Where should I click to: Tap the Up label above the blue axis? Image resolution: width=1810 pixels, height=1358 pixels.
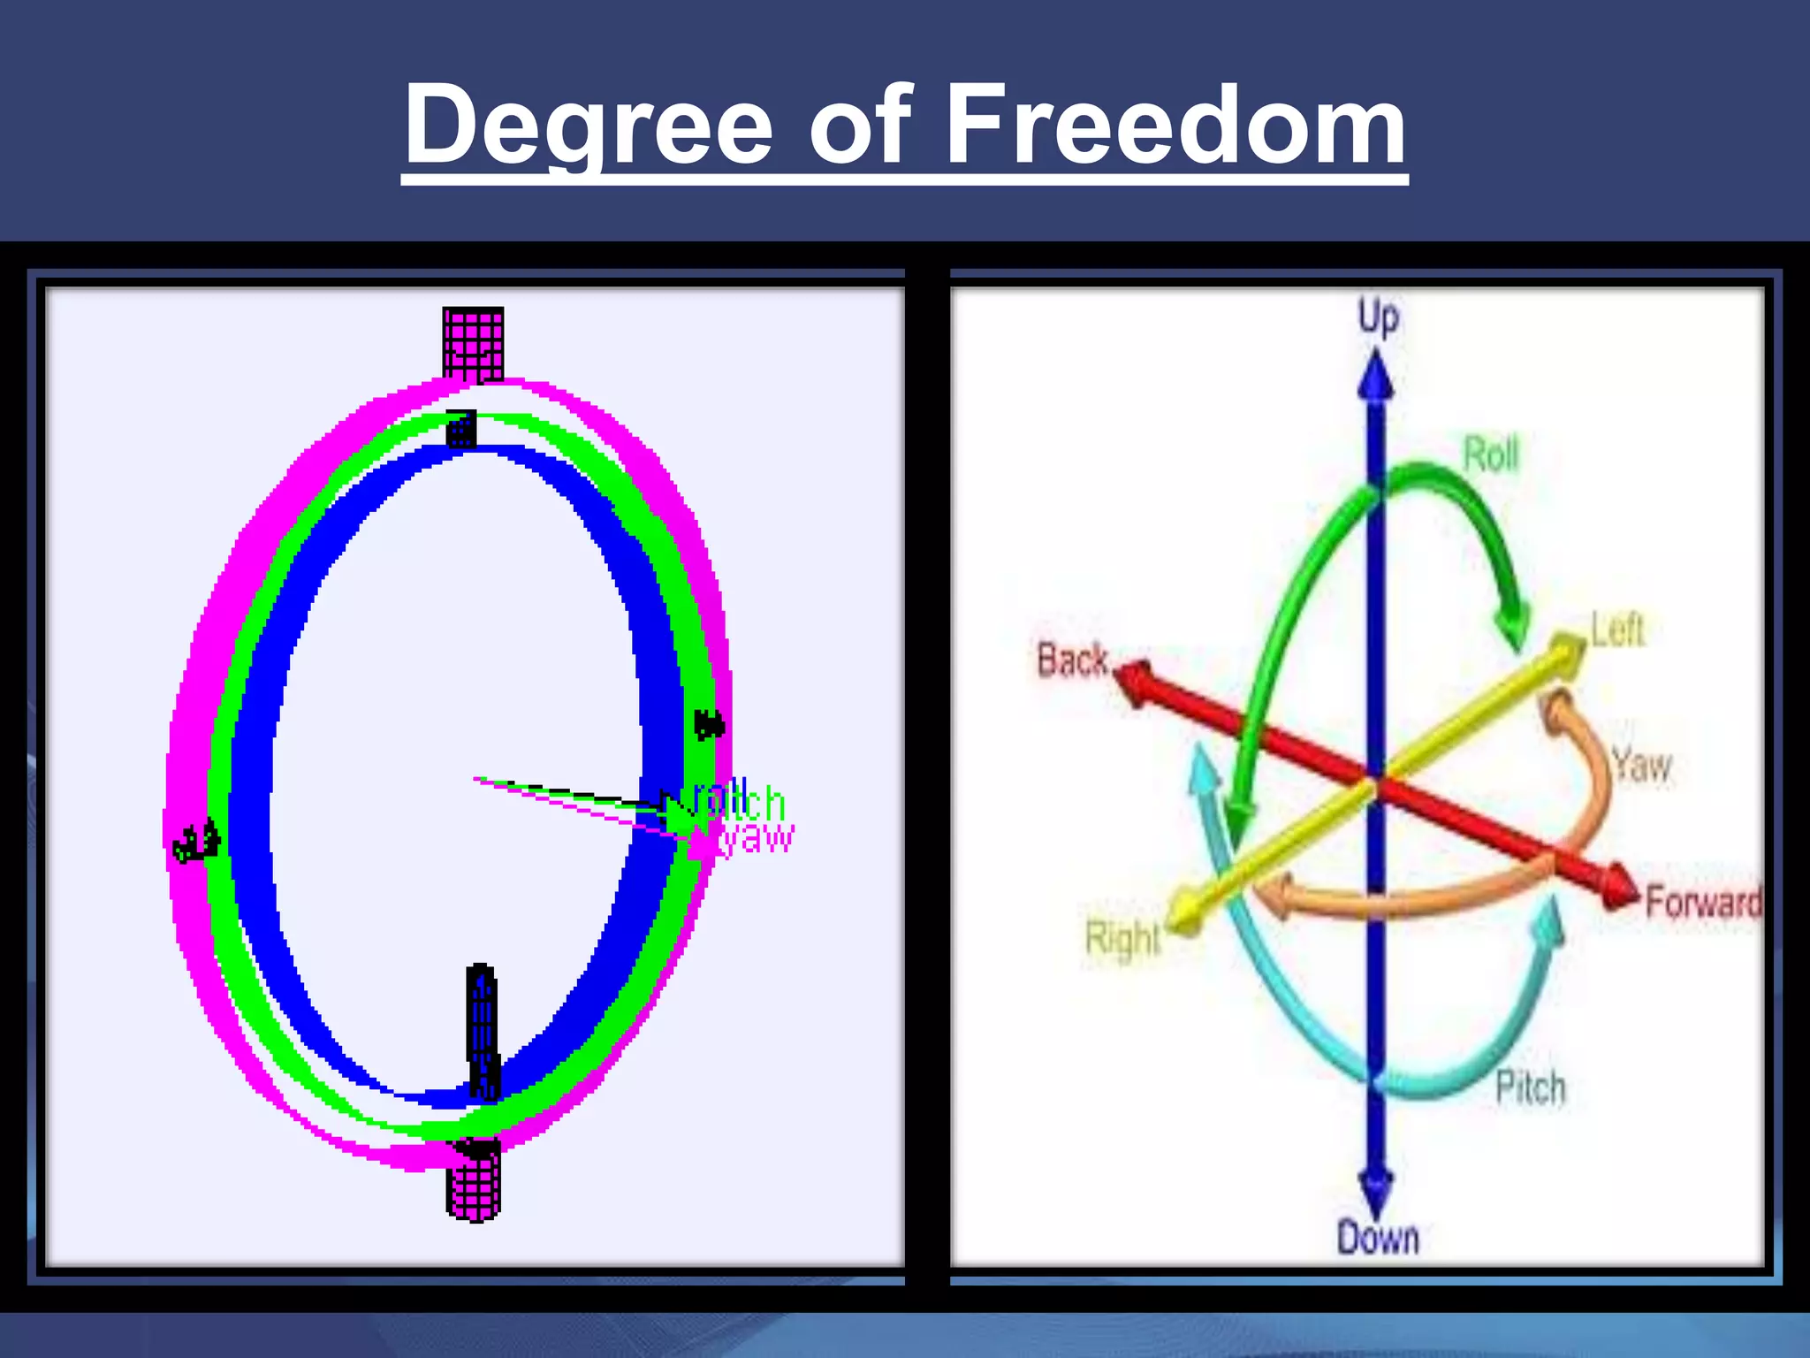coord(1378,317)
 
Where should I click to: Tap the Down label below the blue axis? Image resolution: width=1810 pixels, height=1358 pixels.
coord(1377,1238)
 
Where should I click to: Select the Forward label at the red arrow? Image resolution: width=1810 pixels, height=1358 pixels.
coord(1702,903)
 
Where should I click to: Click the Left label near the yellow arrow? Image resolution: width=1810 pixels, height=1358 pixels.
coord(1616,630)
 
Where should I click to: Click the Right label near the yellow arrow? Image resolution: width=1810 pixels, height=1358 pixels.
coord(1122,938)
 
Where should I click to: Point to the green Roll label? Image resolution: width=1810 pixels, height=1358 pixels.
coord(1491,454)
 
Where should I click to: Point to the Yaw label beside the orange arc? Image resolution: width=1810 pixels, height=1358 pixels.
coord(1641,765)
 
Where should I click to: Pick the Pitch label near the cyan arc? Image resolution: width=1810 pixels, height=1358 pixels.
coord(1530,1087)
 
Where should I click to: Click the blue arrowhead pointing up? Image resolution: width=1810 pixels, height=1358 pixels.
coord(1376,376)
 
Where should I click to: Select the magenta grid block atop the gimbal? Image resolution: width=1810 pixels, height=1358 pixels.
coord(473,344)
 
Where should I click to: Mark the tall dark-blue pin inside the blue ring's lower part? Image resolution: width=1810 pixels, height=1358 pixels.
coord(482,1030)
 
